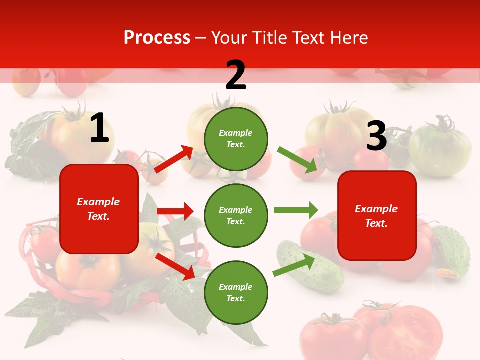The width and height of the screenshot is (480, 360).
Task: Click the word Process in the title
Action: (157, 38)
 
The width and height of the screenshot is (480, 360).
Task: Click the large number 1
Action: (99, 128)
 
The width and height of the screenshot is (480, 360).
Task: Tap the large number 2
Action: (236, 75)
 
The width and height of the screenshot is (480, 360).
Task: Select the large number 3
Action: (376, 136)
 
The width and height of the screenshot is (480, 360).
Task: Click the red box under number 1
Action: (99, 209)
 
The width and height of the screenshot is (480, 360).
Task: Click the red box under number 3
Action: (377, 215)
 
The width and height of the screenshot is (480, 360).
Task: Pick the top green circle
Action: (236, 139)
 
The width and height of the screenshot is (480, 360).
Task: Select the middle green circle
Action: (236, 215)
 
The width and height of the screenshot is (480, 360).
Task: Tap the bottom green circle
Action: (236, 292)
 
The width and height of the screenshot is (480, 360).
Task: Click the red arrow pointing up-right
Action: (174, 159)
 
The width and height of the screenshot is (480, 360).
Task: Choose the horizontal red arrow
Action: (175, 211)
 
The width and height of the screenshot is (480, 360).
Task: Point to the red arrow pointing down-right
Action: (175, 266)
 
